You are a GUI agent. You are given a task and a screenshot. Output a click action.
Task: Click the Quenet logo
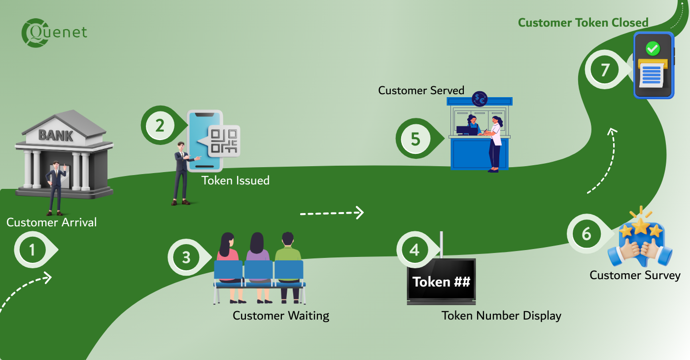pos(54,33)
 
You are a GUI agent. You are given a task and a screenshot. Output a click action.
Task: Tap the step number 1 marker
pos(33,251)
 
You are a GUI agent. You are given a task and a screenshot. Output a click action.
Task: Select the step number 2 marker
pos(160,126)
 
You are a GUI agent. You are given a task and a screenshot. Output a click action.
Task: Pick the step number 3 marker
pos(186,257)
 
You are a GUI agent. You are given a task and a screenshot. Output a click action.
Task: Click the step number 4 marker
pos(414,250)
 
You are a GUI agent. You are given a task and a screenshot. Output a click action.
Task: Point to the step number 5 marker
pos(415,139)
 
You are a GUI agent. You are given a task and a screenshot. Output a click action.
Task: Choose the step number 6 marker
pos(586,234)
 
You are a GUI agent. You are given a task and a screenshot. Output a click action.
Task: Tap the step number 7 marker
pos(605,70)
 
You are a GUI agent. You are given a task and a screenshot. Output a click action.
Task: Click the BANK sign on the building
pos(55,135)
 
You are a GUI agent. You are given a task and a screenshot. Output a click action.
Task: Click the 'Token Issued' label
pos(236,180)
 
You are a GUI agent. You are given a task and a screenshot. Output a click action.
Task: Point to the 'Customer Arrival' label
pos(52,222)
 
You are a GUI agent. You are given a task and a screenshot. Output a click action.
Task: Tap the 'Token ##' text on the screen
pos(441,282)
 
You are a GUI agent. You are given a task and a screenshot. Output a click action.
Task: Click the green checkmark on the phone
pos(653,48)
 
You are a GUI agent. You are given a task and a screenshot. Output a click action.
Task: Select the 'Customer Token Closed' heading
pos(583,23)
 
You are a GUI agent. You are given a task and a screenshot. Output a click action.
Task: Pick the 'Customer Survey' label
pos(635,275)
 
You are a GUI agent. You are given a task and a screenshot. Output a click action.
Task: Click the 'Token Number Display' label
pos(501,316)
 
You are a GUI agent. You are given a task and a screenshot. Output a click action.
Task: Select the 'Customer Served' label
pos(421,91)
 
